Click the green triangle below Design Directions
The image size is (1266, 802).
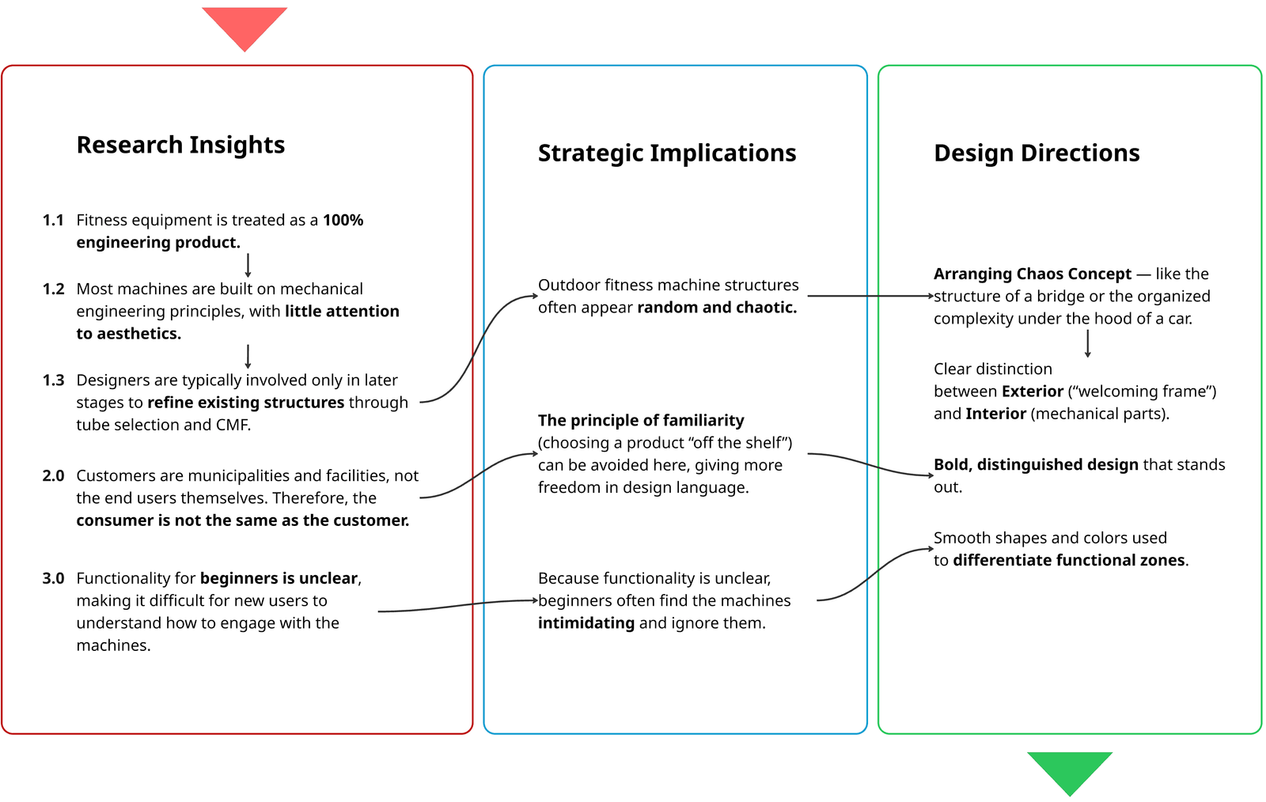(x=1069, y=770)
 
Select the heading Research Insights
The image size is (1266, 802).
(x=180, y=145)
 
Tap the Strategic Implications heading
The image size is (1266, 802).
(x=667, y=153)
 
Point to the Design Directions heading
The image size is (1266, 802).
(x=1037, y=153)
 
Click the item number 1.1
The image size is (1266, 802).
(x=53, y=220)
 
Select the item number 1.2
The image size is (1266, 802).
(x=53, y=289)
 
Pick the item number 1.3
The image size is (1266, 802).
(x=53, y=380)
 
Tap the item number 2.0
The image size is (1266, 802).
(x=53, y=475)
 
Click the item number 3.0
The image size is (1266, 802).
(x=53, y=578)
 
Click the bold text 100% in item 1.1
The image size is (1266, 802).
(x=343, y=220)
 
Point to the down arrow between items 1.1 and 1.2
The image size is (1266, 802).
(x=248, y=265)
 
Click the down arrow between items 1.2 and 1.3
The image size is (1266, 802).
(x=248, y=356)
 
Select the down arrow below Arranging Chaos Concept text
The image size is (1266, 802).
(x=1088, y=343)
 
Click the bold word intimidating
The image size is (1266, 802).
(x=586, y=623)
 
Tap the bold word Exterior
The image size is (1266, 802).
(x=1032, y=392)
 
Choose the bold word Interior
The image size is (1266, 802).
(x=995, y=414)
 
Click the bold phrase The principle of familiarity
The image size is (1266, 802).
(x=641, y=420)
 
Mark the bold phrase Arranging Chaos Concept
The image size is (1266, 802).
(x=1033, y=274)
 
